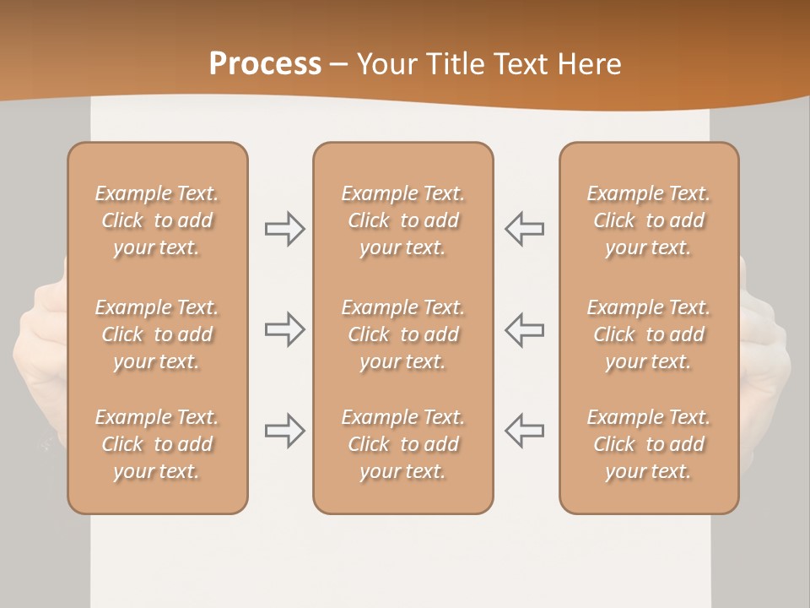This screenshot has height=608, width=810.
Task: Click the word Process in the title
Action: tap(265, 64)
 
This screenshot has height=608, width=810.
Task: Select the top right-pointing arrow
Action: tap(285, 229)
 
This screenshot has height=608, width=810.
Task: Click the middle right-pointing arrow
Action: tap(285, 329)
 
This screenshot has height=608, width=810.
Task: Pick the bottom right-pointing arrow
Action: tap(285, 431)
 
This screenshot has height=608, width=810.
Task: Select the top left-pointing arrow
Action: tap(524, 229)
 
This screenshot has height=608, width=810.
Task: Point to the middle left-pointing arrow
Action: tap(524, 329)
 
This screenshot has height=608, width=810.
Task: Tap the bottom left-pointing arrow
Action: tap(524, 431)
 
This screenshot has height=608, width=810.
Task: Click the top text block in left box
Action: tap(157, 220)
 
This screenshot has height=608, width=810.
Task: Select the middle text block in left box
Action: tap(157, 334)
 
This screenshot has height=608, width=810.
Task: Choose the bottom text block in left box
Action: tap(157, 444)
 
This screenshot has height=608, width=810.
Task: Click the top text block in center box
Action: tap(402, 220)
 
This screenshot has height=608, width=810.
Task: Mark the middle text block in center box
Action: tap(402, 334)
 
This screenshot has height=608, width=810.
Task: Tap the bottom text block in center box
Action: tap(402, 444)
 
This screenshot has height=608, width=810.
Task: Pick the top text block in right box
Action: tap(649, 220)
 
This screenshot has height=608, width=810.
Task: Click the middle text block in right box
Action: tap(649, 334)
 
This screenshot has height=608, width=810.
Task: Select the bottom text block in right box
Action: tap(649, 444)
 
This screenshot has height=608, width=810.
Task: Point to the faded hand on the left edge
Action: tap(40, 355)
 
